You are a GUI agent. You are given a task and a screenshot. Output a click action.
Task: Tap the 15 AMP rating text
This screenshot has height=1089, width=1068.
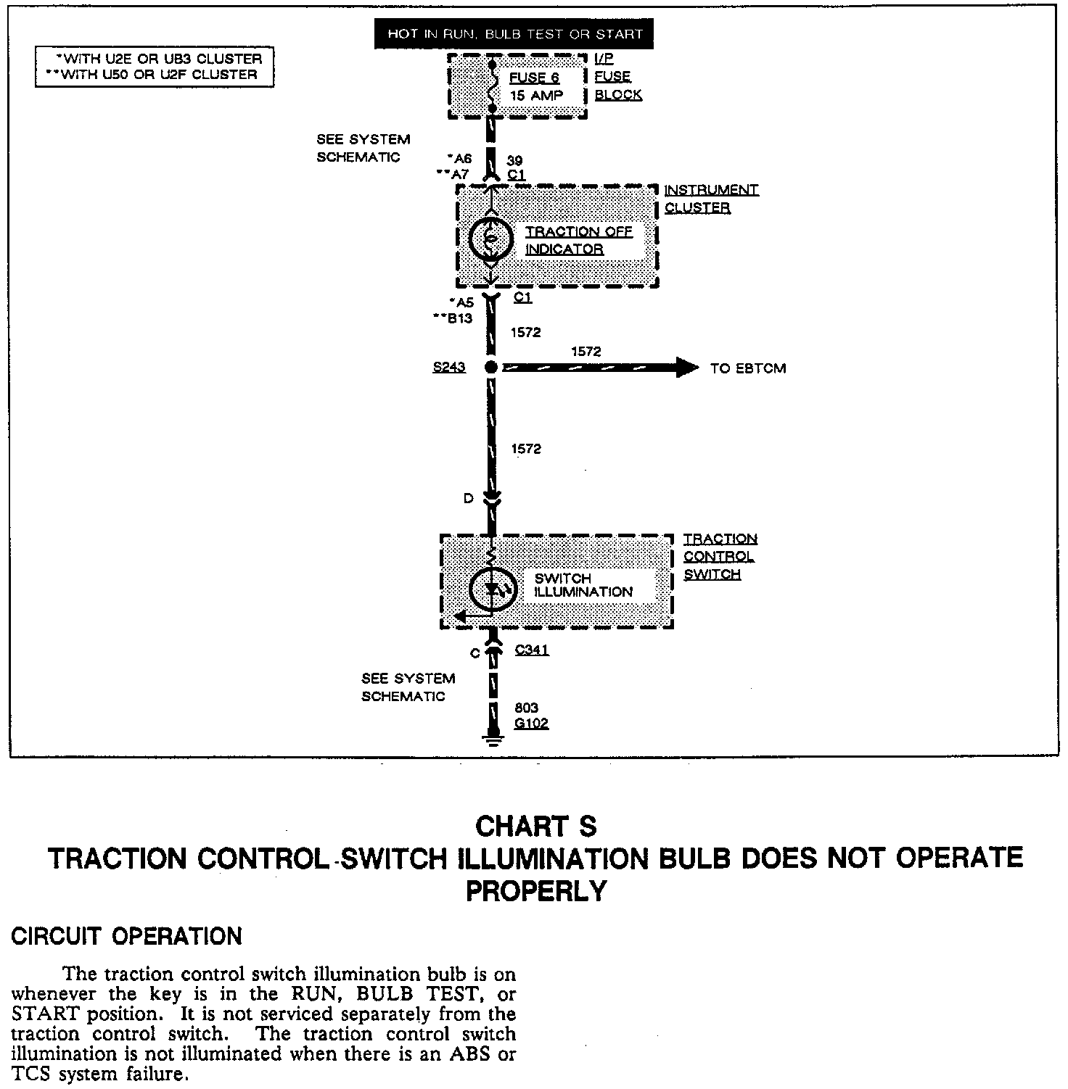(x=537, y=95)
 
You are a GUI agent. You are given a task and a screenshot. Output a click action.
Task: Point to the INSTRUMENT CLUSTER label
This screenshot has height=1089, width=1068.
(x=711, y=199)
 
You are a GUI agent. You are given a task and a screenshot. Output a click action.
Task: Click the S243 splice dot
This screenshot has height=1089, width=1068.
(x=491, y=368)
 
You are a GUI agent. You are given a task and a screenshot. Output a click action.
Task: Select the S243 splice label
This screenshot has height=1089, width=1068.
(x=449, y=368)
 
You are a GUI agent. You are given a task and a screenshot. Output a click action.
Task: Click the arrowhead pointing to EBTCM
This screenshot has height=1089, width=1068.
(x=686, y=368)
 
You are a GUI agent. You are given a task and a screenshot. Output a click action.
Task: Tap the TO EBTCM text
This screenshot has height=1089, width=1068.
(x=748, y=368)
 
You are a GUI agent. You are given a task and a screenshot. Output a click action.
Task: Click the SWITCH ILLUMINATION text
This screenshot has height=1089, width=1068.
(x=583, y=585)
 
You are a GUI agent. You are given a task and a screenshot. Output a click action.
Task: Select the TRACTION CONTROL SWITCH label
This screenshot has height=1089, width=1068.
(x=720, y=557)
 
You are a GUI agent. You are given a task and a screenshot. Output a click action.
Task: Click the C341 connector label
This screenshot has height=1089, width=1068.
(x=532, y=650)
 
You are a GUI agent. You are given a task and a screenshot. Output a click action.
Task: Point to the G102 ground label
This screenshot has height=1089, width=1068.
(x=531, y=723)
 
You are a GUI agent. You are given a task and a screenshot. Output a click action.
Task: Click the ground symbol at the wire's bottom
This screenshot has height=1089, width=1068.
(x=493, y=740)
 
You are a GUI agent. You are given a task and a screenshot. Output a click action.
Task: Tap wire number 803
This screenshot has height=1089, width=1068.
(x=526, y=708)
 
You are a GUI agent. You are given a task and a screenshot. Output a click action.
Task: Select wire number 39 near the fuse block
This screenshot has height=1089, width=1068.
(x=514, y=160)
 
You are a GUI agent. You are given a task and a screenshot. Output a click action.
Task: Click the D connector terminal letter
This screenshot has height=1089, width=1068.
(x=469, y=499)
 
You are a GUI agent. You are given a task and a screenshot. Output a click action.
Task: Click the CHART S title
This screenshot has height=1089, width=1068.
(x=535, y=827)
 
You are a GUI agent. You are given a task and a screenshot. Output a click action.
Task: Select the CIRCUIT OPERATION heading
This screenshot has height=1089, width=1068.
(x=127, y=936)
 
